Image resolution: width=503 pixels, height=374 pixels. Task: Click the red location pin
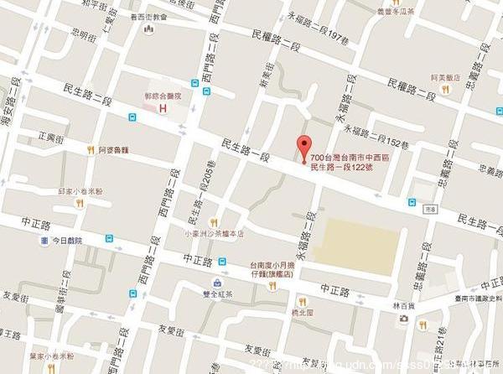[305, 144]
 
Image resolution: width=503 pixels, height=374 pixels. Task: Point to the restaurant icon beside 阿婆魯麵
[91, 150]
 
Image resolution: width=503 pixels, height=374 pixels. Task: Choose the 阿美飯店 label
[443, 77]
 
